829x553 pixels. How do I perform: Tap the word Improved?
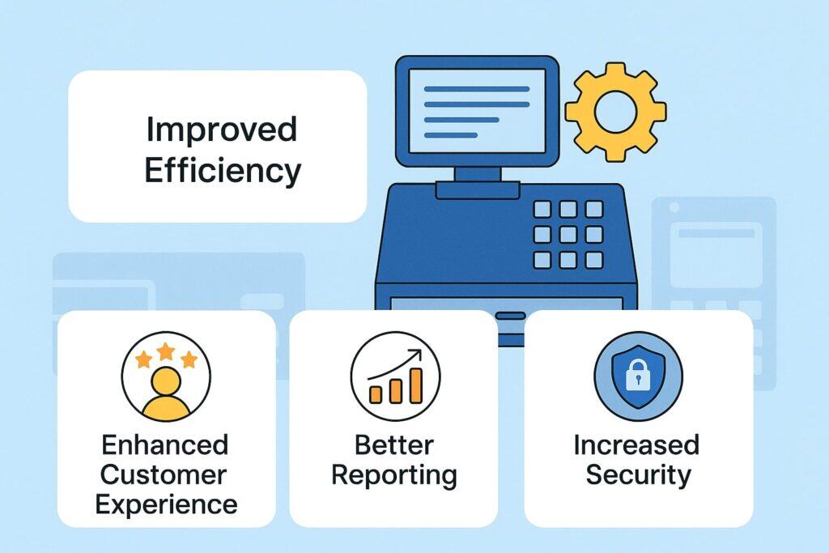tap(221, 130)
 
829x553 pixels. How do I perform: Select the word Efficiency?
tap(223, 171)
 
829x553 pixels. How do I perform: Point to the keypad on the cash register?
tap(568, 234)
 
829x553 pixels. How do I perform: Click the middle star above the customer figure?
tap(166, 350)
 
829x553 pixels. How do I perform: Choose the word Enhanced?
tap(165, 445)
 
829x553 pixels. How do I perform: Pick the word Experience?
tap(166, 504)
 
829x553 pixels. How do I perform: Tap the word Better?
tap(394, 445)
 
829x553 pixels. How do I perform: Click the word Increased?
tap(636, 445)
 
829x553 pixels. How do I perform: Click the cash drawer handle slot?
tap(511, 315)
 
